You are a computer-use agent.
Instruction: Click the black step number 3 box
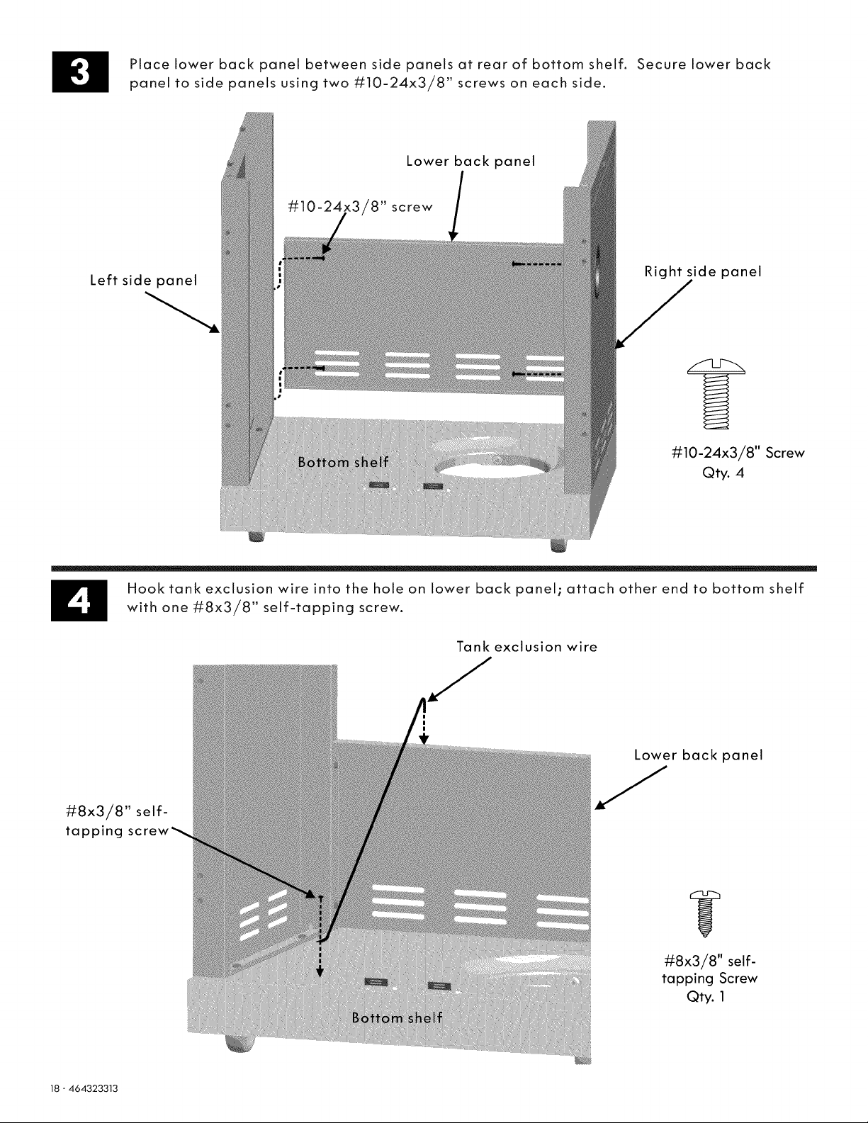(80, 72)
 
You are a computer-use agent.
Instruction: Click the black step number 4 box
(79, 600)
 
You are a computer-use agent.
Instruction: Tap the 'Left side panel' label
(144, 280)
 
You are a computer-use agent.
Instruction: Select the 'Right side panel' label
(703, 272)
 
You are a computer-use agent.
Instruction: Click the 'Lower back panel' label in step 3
(470, 162)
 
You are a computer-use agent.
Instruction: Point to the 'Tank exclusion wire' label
(527, 646)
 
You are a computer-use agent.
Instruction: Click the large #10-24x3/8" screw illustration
(716, 393)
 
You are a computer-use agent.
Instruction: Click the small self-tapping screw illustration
(705, 913)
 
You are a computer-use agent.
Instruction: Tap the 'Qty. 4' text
(723, 473)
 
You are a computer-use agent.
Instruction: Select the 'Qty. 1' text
(706, 996)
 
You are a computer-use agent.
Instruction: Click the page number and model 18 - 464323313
(84, 1088)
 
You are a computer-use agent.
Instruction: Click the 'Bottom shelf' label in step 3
(343, 462)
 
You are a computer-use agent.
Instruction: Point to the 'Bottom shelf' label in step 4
(397, 1017)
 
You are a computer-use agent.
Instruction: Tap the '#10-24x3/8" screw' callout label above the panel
(360, 207)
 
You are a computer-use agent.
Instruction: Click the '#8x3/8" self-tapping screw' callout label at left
(118, 821)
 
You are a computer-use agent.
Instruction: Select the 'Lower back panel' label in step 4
(699, 755)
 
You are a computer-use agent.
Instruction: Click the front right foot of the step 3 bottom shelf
(558, 546)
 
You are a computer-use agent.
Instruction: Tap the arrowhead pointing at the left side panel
(215, 329)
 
